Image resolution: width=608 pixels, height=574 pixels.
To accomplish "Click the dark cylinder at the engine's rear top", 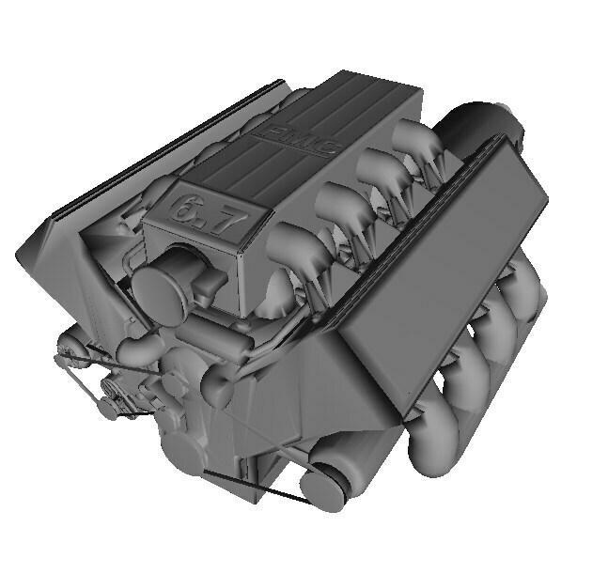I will point(479,121).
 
